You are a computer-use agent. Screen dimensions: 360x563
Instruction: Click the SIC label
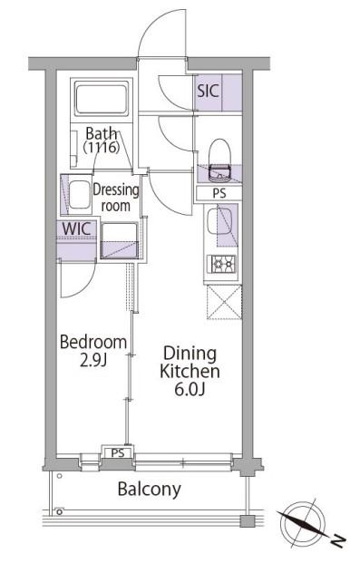click(x=208, y=91)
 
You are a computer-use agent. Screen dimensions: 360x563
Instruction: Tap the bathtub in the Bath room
click(x=102, y=98)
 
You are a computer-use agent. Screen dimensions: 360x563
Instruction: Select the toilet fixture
click(x=219, y=160)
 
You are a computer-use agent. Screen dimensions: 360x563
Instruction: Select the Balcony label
click(x=150, y=490)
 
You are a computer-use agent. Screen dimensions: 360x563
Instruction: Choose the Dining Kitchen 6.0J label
click(x=190, y=372)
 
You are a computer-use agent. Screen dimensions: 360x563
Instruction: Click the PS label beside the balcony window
click(x=118, y=452)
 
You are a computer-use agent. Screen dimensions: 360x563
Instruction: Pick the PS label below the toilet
click(x=219, y=193)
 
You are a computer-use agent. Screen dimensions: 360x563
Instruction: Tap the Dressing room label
click(x=116, y=198)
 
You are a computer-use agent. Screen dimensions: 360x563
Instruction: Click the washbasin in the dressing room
click(x=80, y=194)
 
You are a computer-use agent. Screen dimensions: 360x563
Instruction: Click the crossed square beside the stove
click(x=225, y=302)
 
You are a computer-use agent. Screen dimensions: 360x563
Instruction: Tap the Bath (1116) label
click(x=102, y=141)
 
